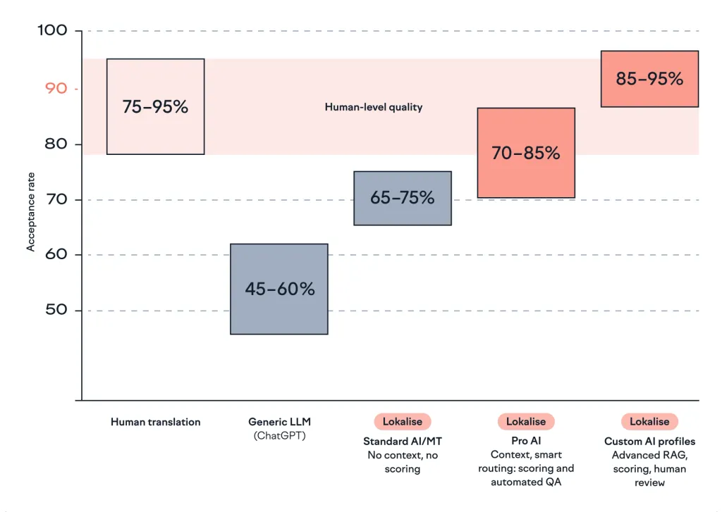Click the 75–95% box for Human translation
[155, 106]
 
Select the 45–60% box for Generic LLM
[279, 289]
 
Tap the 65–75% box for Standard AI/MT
[402, 198]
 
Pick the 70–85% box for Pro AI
[526, 153]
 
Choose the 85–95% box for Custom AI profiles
[649, 79]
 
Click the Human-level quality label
[373, 108]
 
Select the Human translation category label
[155, 422]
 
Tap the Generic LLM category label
[279, 422]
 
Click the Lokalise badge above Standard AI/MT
[402, 422]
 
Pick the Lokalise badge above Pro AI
[526, 422]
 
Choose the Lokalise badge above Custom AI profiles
[649, 422]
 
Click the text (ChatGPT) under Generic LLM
[279, 436]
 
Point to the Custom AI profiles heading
[649, 442]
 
